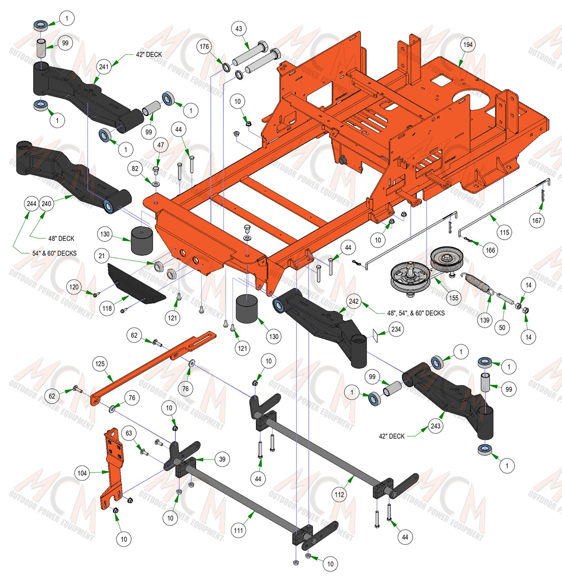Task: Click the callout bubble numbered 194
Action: pos(467,45)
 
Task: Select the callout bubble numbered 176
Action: pos(204,47)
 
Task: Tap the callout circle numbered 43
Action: pos(239,29)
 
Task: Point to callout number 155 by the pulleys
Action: pos(454,298)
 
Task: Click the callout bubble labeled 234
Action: pos(396,329)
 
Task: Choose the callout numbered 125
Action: pos(100,364)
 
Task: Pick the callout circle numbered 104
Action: pos(82,473)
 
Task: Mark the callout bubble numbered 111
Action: pos(239,530)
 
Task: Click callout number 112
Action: pos(339,494)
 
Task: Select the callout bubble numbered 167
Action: pos(536,220)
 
